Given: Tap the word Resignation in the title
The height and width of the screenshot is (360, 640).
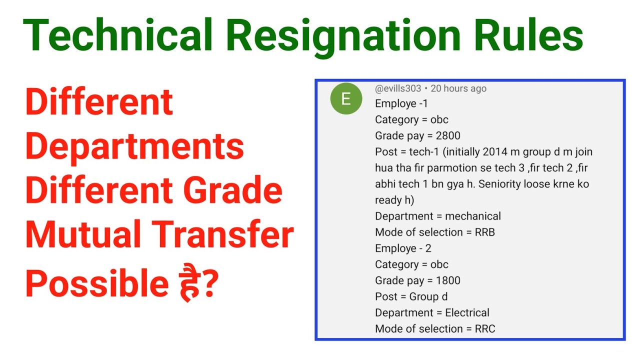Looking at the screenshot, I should pos(342,36).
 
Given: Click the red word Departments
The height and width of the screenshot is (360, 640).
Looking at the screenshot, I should pos(134,147).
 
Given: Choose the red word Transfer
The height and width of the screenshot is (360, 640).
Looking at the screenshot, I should pos(223,236).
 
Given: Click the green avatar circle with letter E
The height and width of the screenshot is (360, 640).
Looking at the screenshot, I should pos(345,99).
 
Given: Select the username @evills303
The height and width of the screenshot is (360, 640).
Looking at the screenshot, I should pos(398,88).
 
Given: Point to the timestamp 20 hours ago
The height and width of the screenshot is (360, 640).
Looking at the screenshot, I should pos(458,88).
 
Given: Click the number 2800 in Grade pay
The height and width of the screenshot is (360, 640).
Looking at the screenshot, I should pos(447,135).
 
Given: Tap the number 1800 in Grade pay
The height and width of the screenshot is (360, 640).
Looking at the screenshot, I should pos(447,280).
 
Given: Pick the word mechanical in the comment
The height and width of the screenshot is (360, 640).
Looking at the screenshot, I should pos(472,216).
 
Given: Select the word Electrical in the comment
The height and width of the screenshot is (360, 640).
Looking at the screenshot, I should pos(467,313).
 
